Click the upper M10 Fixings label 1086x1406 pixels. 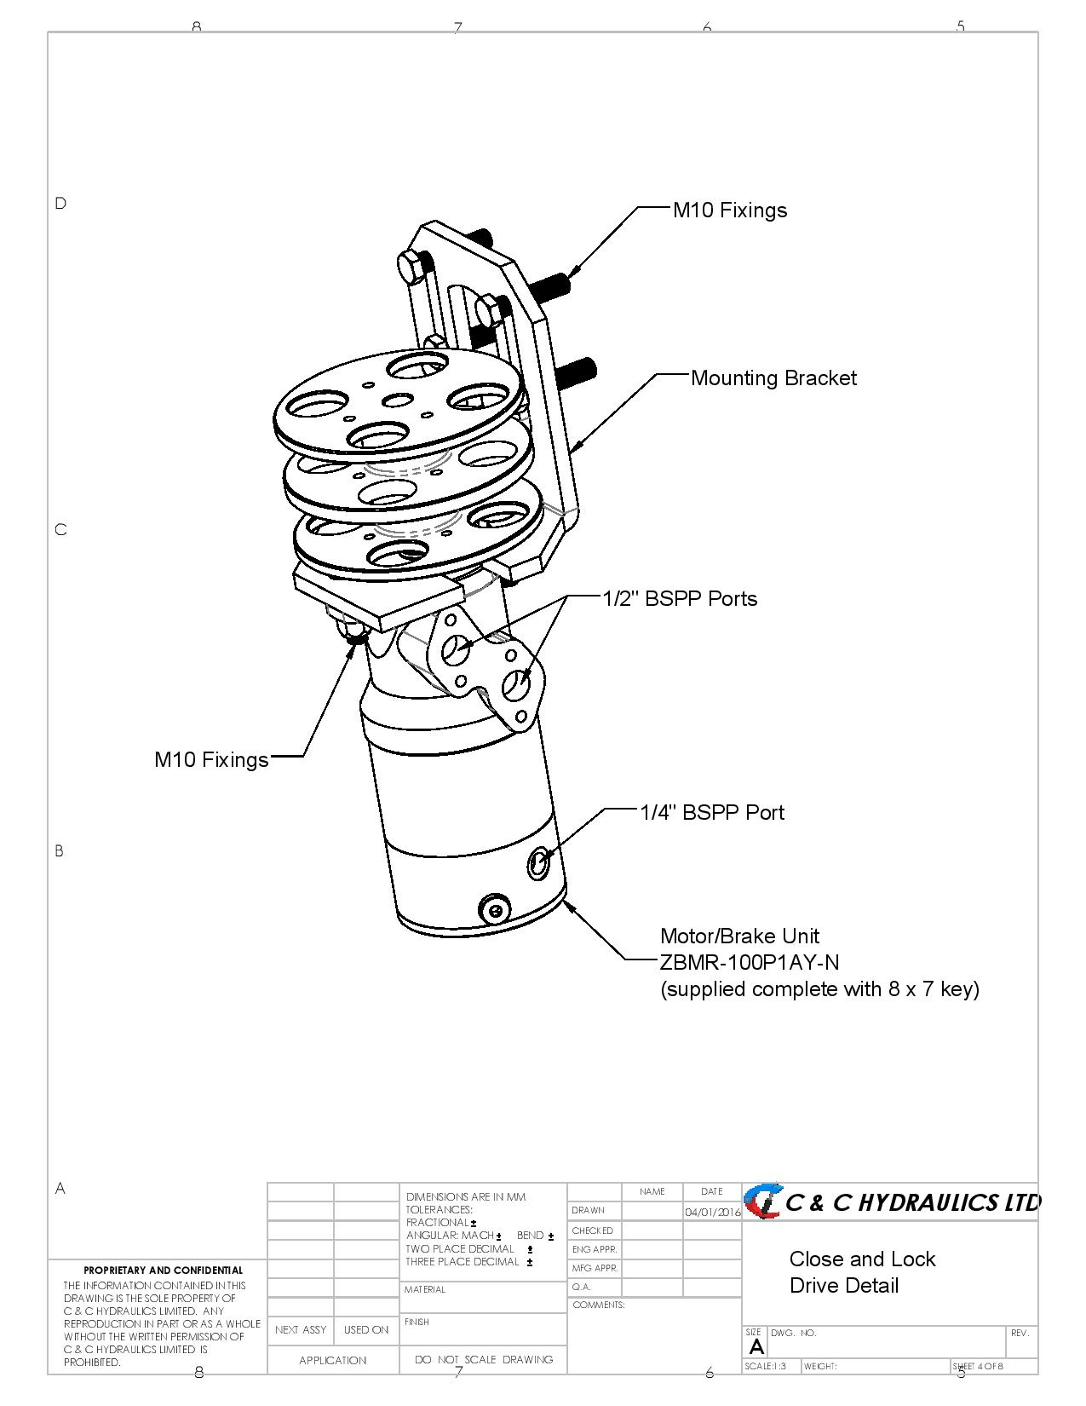pyautogui.click(x=729, y=210)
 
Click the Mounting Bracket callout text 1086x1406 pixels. pyautogui.click(x=773, y=378)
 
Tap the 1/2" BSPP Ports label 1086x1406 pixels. pyautogui.click(x=680, y=599)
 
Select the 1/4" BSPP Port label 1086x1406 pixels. pyautogui.click(x=711, y=813)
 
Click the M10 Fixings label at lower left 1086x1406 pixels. pyautogui.click(x=211, y=760)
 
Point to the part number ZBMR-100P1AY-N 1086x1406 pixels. pyautogui.click(x=749, y=963)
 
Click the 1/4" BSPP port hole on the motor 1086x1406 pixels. pyautogui.click(x=538, y=863)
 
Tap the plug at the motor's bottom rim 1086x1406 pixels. pyautogui.click(x=495, y=909)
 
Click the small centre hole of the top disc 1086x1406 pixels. pyautogui.click(x=396, y=400)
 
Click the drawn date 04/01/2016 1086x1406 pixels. pyautogui.click(x=712, y=1212)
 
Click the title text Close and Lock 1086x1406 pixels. pyautogui.click(x=862, y=1259)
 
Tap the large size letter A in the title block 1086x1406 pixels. pyautogui.click(x=756, y=1347)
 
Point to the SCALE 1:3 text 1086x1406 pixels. pyautogui.click(x=766, y=1366)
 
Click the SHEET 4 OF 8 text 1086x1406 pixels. pyautogui.click(x=978, y=1366)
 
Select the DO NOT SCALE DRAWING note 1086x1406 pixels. pyautogui.click(x=483, y=1359)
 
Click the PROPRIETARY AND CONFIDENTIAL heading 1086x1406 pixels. pyautogui.click(x=163, y=1271)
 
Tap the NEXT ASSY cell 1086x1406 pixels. pyautogui.click(x=301, y=1329)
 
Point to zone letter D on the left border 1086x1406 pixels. pyautogui.click(x=60, y=203)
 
